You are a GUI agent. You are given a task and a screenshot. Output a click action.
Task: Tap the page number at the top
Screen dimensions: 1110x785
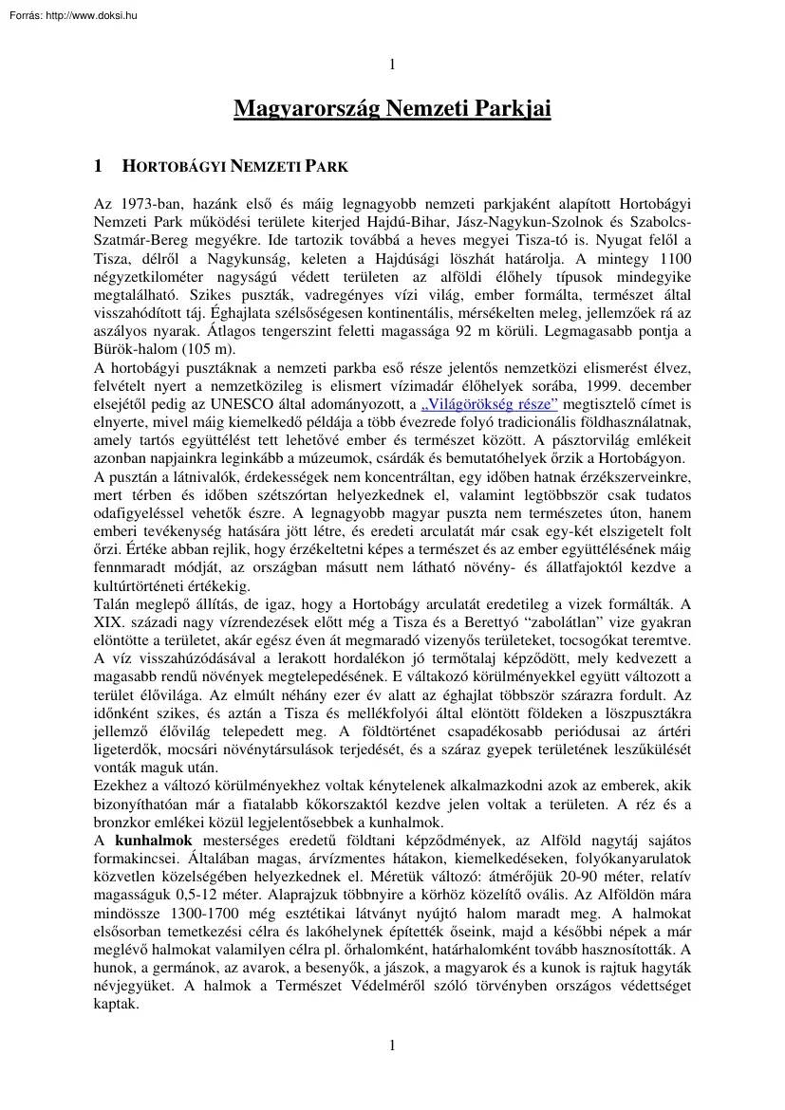(392, 65)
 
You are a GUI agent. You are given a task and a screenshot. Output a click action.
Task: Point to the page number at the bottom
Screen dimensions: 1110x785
(392, 1045)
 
